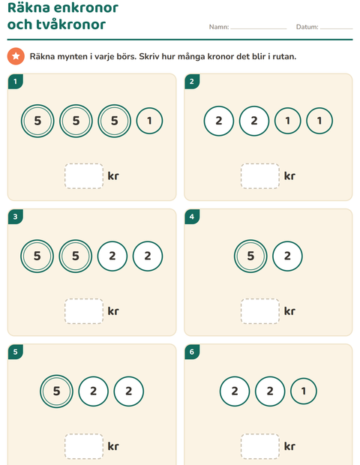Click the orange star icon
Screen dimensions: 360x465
(16, 56)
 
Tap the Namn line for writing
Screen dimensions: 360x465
(258, 28)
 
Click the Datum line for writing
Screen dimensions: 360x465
(336, 28)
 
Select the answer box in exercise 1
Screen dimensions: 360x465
(84, 175)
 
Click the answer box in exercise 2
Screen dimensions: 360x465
(260, 175)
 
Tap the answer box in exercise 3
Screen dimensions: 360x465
(84, 311)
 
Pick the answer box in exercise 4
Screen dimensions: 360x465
(260, 311)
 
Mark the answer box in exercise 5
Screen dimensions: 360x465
(84, 446)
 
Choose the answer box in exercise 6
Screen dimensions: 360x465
(260, 446)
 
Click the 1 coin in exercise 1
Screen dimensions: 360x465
(149, 121)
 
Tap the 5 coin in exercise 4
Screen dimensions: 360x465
(250, 256)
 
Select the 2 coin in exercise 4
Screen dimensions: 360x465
(287, 256)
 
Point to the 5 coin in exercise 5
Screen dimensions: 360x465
(56, 391)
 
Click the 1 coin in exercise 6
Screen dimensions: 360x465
(304, 391)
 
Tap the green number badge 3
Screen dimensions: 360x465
(16, 217)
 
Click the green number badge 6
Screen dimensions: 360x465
(192, 352)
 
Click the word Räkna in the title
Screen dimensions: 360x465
(28, 7)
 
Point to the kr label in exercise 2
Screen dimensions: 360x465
(289, 175)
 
